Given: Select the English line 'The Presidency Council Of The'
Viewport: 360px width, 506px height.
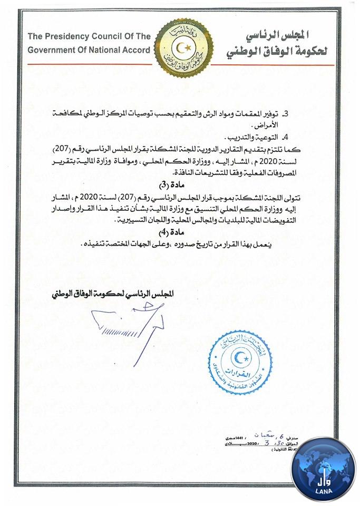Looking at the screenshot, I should pos(88,37).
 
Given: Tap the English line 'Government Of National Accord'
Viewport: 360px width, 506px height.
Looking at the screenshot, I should pos(88,50).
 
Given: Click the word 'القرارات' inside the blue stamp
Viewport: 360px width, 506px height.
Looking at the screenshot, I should pos(240,373).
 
